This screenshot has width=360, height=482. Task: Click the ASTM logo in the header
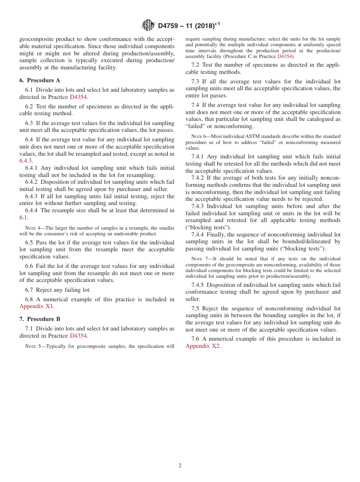(x=148, y=25)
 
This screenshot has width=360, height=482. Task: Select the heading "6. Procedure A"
(x=39, y=80)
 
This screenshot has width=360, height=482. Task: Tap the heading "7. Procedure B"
(x=39, y=319)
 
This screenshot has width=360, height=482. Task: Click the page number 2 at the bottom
(x=180, y=466)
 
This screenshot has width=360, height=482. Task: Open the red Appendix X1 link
(x=37, y=306)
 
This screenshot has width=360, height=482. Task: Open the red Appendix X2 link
(x=202, y=346)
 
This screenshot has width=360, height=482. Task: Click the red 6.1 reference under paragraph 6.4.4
(x=23, y=218)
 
